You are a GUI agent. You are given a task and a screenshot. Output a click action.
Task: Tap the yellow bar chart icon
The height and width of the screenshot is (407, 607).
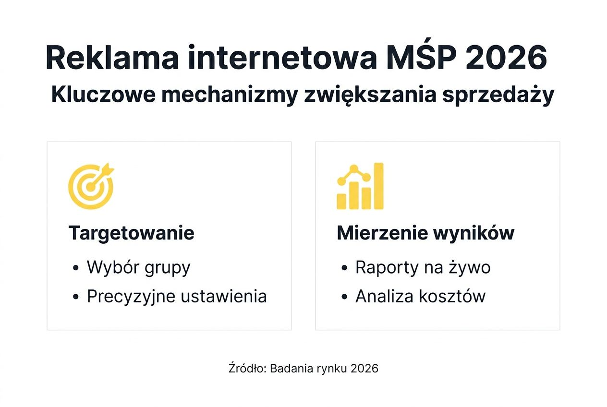point(360,186)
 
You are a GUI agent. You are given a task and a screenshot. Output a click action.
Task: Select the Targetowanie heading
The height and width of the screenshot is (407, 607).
point(131,233)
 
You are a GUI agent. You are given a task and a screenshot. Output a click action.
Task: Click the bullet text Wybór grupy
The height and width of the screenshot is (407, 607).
point(138,267)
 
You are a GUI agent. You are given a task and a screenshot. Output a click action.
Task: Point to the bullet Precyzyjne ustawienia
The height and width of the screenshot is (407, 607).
point(176,296)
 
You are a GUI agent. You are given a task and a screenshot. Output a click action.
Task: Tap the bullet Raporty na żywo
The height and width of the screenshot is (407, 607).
point(423,267)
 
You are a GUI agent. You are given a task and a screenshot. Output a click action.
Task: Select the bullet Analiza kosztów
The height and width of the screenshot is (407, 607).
point(420,296)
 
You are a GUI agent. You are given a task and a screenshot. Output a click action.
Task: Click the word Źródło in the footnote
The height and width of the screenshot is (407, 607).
point(247,369)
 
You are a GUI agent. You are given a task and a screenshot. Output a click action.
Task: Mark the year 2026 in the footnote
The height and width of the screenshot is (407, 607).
point(364,369)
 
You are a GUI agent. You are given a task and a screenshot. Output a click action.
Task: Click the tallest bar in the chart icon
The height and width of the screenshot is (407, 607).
point(378,186)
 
